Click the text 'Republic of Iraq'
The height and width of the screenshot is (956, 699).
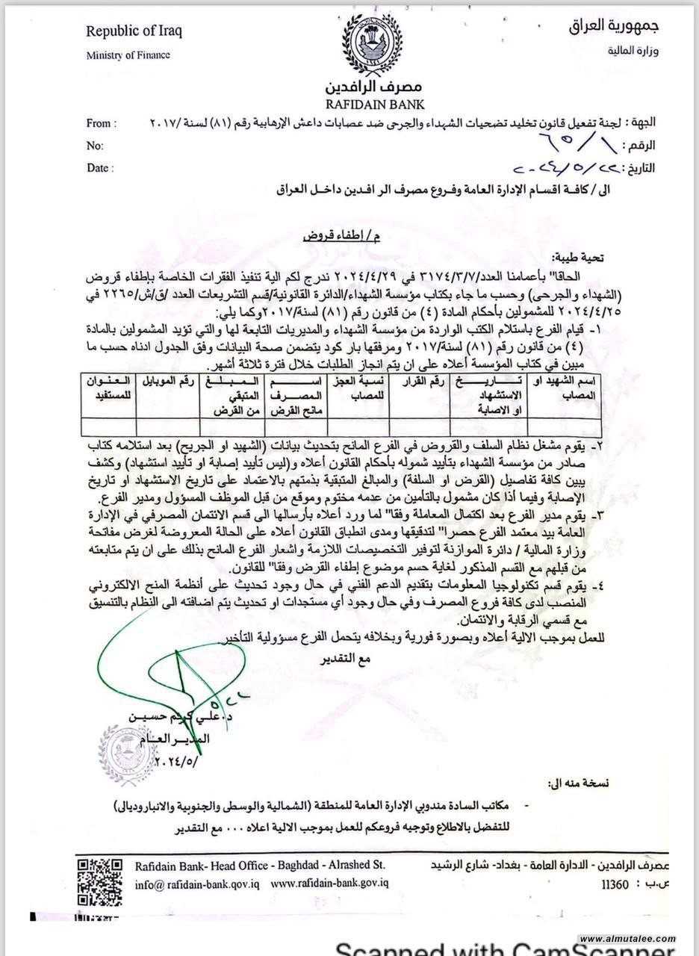click(134, 32)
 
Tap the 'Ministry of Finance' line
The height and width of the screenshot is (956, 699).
click(128, 55)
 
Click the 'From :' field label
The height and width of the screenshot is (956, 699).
click(100, 123)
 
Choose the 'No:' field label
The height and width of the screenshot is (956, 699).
click(95, 146)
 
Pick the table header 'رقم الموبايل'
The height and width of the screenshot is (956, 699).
click(165, 384)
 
